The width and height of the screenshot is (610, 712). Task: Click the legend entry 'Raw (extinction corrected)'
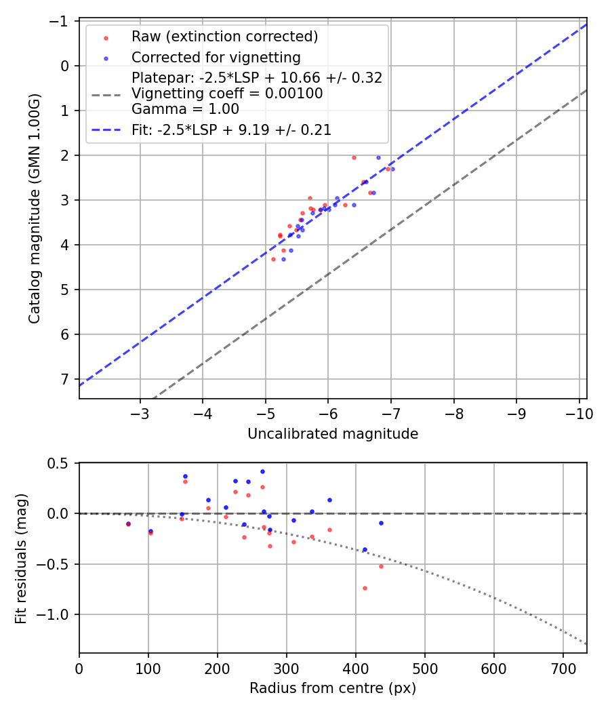[224, 37]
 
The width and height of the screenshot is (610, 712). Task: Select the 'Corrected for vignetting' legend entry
[216, 57]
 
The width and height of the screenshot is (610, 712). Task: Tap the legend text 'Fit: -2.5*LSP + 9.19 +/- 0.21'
[231, 130]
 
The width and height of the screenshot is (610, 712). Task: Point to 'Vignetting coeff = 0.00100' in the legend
[227, 94]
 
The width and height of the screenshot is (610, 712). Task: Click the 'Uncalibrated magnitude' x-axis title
[333, 434]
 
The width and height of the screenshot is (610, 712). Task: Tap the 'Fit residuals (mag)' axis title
[21, 558]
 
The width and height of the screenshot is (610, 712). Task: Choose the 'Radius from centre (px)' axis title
[333, 688]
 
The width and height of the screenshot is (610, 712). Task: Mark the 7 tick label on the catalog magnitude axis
[66, 379]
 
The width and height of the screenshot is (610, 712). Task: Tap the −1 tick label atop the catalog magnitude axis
[62, 21]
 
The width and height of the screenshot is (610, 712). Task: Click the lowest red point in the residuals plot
[365, 588]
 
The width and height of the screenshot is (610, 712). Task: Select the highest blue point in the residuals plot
[262, 471]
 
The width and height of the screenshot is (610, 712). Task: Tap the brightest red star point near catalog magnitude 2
[354, 157]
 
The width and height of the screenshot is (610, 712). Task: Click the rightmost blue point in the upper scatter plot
[392, 169]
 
